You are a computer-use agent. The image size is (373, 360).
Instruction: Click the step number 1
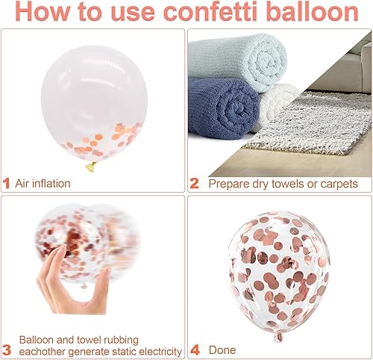click(x=7, y=184)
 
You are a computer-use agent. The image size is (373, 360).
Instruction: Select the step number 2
click(x=194, y=184)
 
